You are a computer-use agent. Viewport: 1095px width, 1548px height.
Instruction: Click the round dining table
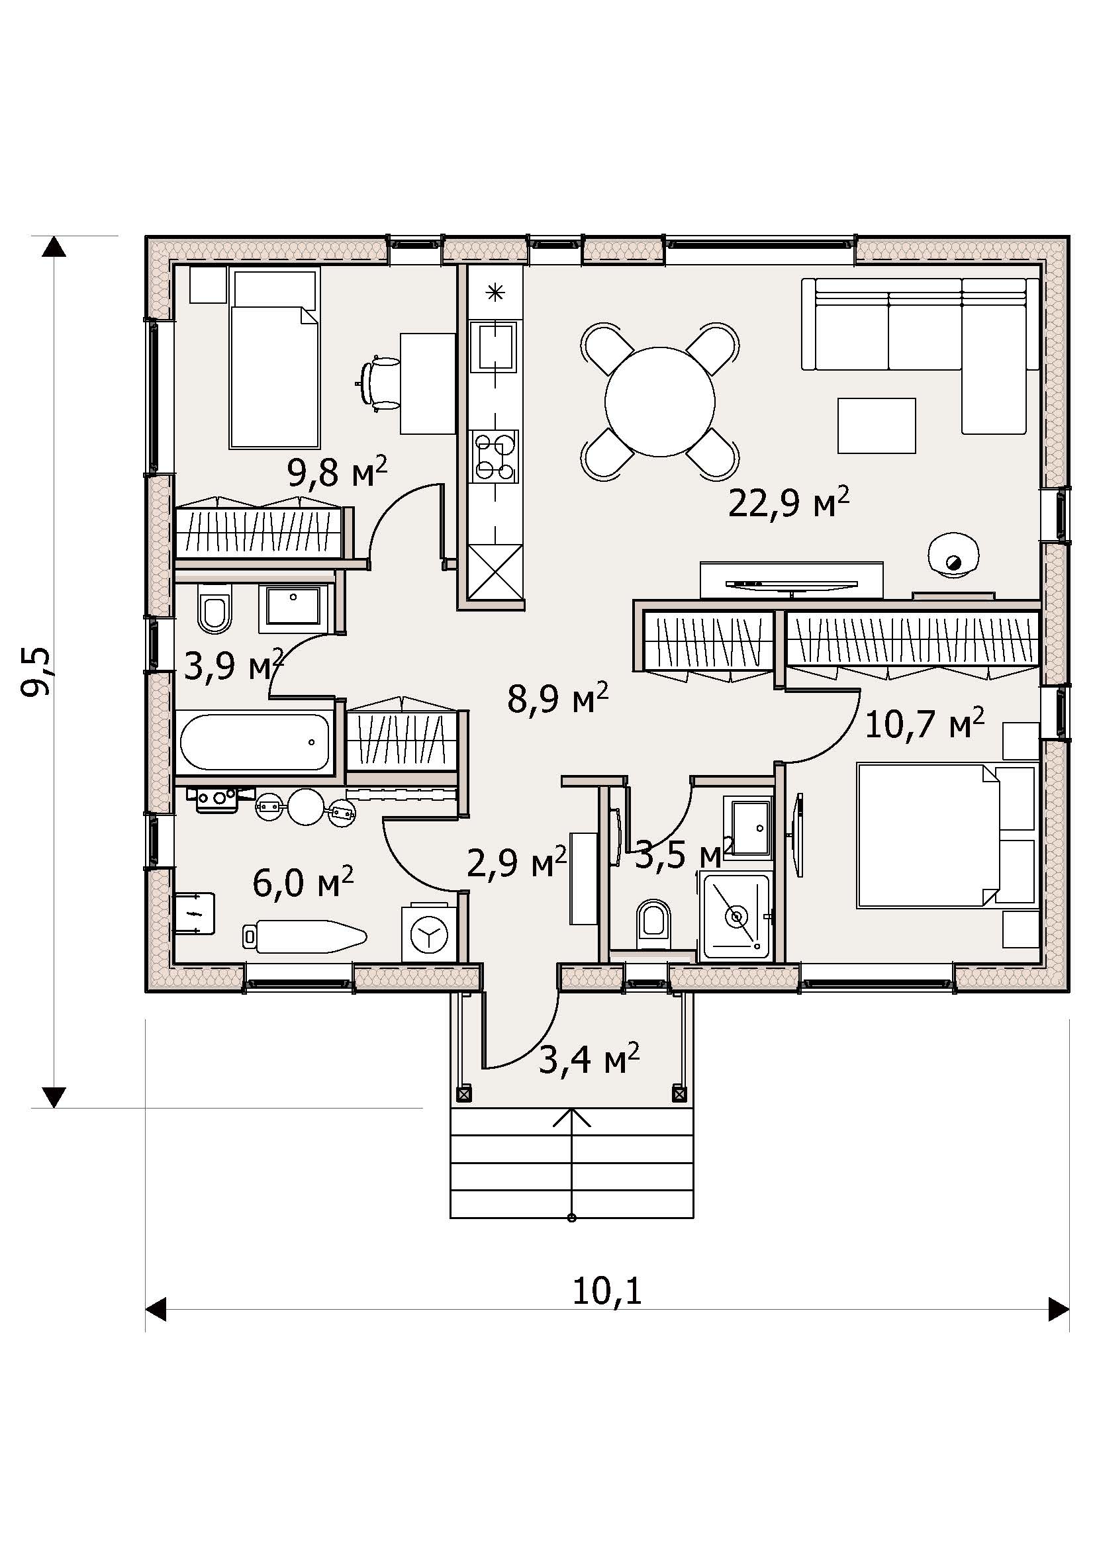point(659,402)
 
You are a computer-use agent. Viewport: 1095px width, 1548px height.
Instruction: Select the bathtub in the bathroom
point(256,742)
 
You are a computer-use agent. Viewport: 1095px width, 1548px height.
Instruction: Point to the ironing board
point(305,936)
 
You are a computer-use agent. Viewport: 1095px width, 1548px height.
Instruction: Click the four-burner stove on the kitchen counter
point(496,457)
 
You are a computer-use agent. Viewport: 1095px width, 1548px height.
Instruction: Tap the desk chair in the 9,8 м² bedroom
point(379,383)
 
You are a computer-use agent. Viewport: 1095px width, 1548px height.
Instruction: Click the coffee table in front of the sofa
point(877,426)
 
